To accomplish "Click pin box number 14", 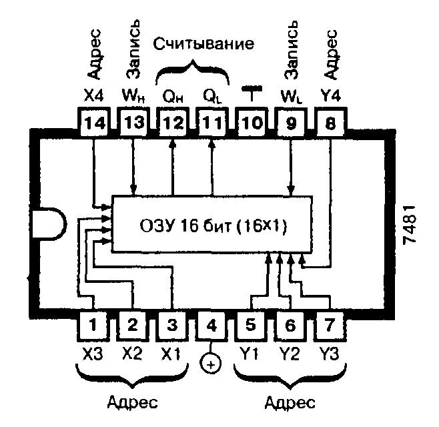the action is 93,122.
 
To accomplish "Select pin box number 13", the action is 133,122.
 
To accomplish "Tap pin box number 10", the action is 252,122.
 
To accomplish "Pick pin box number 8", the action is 331,122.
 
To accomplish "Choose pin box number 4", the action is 211,325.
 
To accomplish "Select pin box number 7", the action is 330,325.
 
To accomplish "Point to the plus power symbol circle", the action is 211,364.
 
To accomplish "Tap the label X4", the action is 94,95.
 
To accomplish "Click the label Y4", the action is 331,95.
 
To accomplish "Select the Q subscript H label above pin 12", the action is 173,97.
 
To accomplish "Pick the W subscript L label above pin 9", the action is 292,97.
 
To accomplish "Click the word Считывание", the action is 203,44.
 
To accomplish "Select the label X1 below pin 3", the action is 171,354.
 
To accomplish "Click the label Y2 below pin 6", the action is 290,354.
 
